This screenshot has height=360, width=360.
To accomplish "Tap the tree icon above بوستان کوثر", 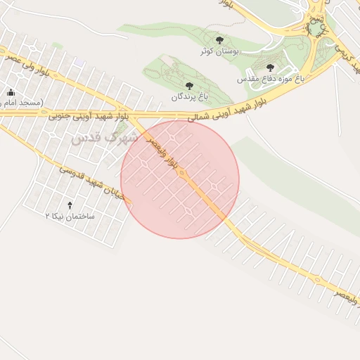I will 220,41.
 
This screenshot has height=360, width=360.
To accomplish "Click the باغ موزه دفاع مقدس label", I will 274,79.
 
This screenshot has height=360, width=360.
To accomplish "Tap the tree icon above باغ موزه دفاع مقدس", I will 270,68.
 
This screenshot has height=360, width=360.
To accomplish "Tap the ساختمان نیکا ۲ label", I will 70,217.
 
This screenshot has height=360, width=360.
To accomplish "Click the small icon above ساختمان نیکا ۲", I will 69,205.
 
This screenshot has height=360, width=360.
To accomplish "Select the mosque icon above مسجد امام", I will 11,93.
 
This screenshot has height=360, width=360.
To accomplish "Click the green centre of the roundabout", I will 317,28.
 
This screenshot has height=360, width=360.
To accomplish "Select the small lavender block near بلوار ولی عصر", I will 79,63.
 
